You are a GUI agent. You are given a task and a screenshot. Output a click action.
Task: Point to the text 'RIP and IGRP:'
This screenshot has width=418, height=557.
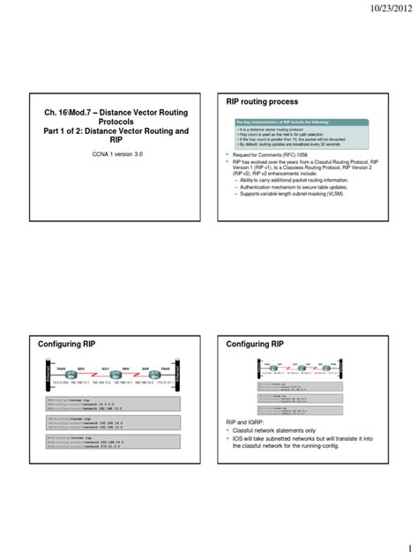(x=247, y=423)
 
